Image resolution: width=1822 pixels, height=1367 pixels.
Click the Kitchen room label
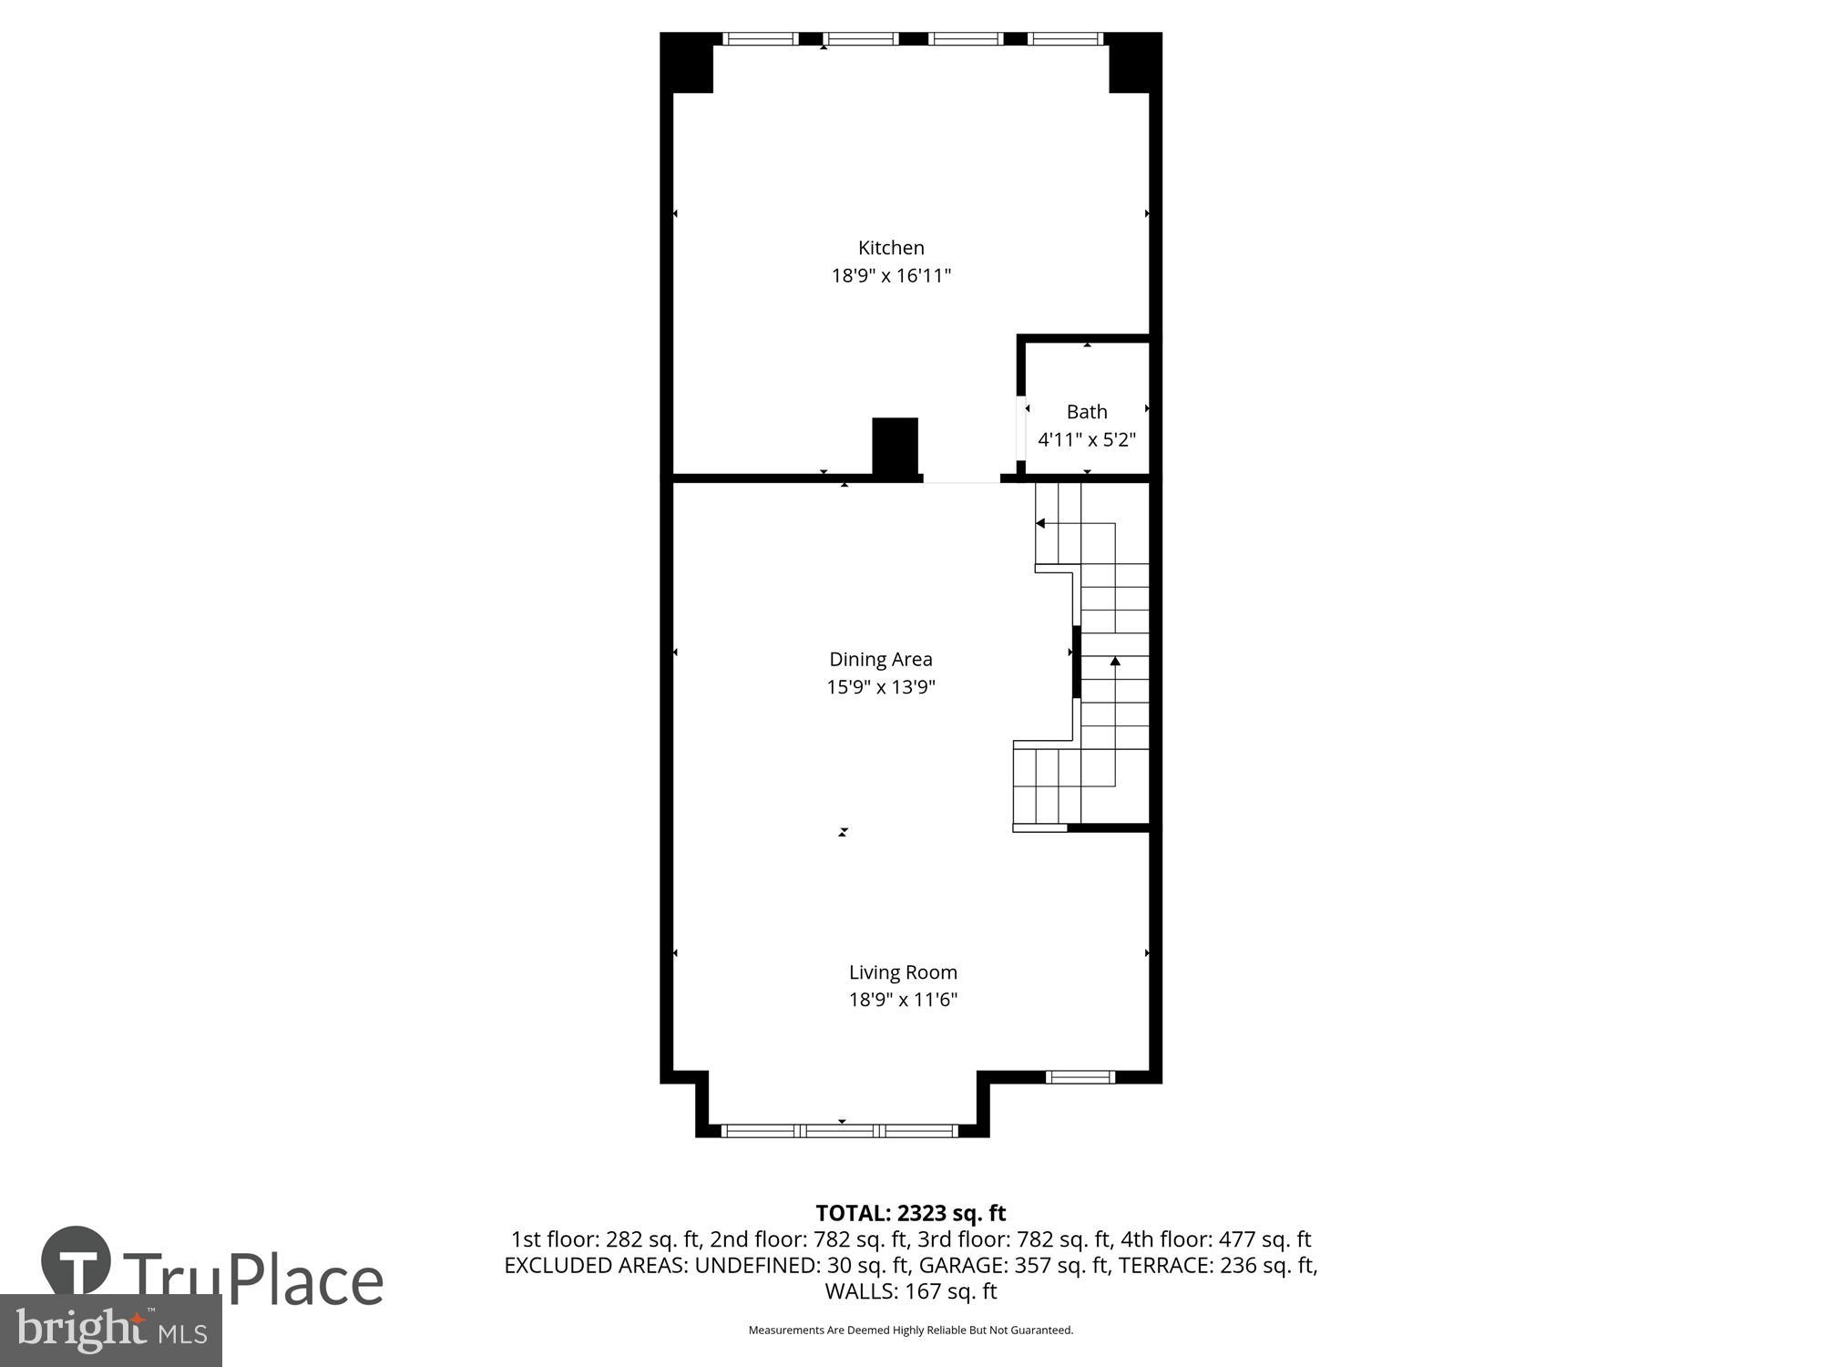tap(891, 248)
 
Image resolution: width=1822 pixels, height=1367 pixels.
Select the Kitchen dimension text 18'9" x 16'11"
tap(891, 275)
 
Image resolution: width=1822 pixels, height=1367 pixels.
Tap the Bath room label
tap(1087, 412)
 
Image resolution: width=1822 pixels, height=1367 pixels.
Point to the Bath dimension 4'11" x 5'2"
tap(1087, 440)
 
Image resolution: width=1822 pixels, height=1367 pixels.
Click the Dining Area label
tap(880, 659)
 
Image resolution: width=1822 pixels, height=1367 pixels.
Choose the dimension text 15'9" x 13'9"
tap(880, 687)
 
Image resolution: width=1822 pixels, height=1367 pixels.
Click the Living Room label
tap(903, 972)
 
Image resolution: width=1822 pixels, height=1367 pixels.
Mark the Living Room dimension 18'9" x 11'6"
tap(903, 1000)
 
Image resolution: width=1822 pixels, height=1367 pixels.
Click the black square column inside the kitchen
tap(895, 446)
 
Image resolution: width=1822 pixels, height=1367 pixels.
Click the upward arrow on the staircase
tap(1115, 662)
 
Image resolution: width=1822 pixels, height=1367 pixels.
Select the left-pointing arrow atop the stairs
tap(1040, 523)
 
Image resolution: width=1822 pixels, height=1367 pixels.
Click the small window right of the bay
tap(1080, 1077)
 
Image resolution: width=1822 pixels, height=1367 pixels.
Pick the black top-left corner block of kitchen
tap(686, 62)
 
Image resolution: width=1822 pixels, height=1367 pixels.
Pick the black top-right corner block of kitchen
tap(1135, 62)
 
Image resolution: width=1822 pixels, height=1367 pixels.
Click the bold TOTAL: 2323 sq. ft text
tap(910, 1213)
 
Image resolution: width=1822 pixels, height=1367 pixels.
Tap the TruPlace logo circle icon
tap(77, 1264)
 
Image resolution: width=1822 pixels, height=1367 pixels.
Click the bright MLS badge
tap(110, 1331)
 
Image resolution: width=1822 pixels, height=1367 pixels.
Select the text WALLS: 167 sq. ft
tap(910, 1291)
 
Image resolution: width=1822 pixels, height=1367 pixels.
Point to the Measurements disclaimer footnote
tap(910, 1331)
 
